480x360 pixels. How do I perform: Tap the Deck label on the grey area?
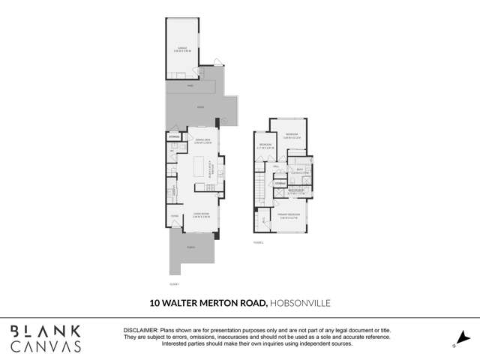pos(200,108)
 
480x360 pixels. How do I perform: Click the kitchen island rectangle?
pos(199,167)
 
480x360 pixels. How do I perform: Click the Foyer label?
pos(174,216)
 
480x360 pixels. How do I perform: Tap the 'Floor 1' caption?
pos(175,284)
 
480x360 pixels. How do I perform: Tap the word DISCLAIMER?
pos(139,330)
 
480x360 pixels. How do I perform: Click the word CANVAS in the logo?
pos(46,346)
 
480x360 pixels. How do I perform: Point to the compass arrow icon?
pos(463,339)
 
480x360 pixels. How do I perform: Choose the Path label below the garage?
pos(190,86)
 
